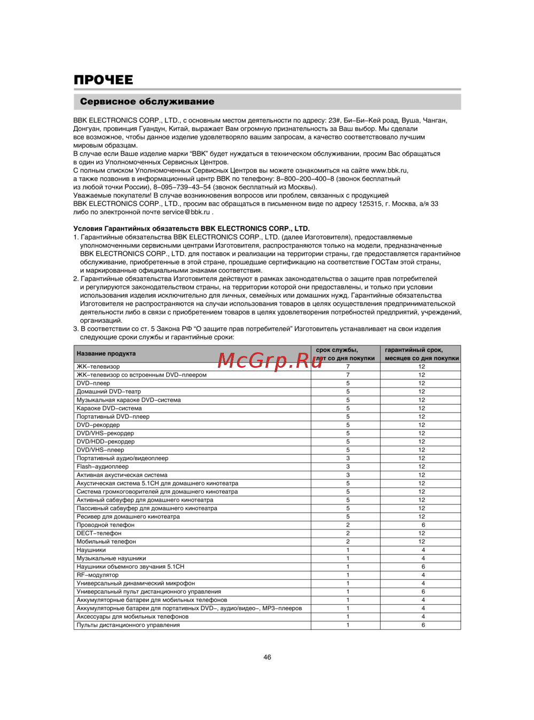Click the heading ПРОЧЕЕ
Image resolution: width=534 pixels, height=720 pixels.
[x=104, y=80]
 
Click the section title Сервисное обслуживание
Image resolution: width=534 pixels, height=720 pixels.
[x=147, y=101]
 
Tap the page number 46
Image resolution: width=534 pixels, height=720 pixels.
[x=267, y=657]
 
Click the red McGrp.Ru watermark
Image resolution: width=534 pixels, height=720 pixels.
[x=270, y=361]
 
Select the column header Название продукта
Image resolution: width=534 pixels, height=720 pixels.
[x=106, y=354]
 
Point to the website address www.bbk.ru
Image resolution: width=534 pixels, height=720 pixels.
[x=389, y=170]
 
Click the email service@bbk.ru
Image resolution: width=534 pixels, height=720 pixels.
[x=186, y=212]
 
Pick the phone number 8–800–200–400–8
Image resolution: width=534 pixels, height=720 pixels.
[x=305, y=179]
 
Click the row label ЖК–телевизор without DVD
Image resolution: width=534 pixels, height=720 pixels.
[x=98, y=367]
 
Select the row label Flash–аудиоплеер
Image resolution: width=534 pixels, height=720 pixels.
[x=103, y=466]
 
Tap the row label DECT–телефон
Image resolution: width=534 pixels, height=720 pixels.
[x=99, y=533]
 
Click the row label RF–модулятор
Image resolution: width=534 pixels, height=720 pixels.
[x=98, y=575]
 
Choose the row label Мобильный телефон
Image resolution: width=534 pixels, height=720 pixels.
[x=106, y=542]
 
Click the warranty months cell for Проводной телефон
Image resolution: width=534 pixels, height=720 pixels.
[x=423, y=525]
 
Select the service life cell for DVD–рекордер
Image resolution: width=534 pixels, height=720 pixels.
[x=348, y=425]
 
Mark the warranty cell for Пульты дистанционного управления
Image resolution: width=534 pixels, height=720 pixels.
[x=423, y=625]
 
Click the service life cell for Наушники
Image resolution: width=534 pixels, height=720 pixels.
[x=348, y=550]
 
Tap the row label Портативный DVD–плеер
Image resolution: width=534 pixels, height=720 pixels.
[x=113, y=417]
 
